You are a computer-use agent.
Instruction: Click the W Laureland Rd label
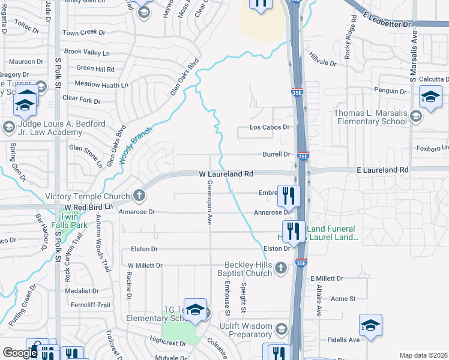click(226, 174)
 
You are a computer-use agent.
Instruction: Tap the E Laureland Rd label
click(382, 170)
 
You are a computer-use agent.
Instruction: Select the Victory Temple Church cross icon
click(139, 196)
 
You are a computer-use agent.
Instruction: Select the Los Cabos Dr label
click(270, 128)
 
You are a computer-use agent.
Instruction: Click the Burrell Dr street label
click(276, 154)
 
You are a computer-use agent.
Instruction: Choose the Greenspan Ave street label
click(210, 202)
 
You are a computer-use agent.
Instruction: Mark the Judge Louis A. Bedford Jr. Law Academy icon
click(8, 127)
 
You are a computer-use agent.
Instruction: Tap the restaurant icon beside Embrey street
click(291, 194)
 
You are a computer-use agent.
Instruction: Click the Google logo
click(20, 353)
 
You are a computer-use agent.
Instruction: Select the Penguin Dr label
click(390, 91)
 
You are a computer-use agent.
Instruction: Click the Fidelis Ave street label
click(343, 340)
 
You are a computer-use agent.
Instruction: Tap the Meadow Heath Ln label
click(101, 85)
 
